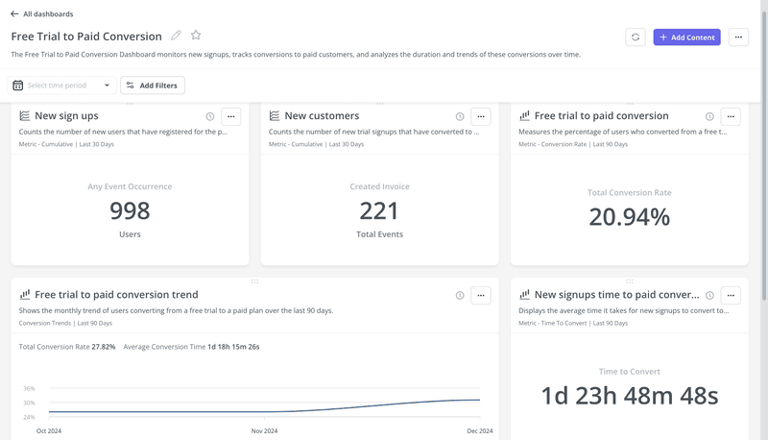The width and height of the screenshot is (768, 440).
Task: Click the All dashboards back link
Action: (x=42, y=14)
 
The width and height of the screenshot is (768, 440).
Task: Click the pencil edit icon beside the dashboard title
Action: (x=176, y=36)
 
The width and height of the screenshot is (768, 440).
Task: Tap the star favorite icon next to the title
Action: (x=196, y=36)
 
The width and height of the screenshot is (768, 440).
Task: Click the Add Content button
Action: (x=686, y=37)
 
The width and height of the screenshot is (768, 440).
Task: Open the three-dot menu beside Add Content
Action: (x=737, y=37)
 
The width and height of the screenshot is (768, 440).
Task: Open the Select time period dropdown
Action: (x=63, y=86)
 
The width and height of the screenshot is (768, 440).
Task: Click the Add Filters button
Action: (x=153, y=86)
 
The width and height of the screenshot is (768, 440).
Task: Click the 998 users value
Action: (x=130, y=210)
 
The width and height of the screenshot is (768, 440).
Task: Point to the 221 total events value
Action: (x=379, y=210)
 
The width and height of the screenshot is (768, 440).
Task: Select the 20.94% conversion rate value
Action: (x=629, y=217)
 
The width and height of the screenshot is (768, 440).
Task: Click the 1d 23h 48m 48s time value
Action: (x=629, y=396)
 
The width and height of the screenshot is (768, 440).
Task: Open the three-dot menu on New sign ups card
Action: (x=230, y=116)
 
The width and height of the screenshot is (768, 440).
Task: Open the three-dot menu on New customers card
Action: (x=481, y=116)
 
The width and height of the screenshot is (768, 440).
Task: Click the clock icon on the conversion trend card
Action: (x=460, y=295)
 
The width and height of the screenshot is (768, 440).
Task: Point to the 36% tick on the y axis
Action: (x=29, y=388)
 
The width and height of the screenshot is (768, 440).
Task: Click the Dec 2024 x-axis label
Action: (x=478, y=431)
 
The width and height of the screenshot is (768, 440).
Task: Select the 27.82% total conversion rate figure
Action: (x=104, y=346)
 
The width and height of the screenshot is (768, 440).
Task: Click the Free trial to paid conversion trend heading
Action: (x=116, y=295)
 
